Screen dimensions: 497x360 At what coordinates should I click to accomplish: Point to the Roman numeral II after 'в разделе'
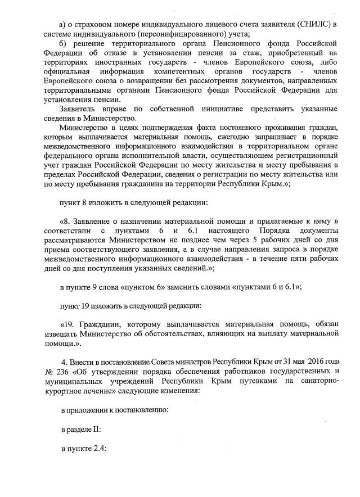point(97,429)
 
